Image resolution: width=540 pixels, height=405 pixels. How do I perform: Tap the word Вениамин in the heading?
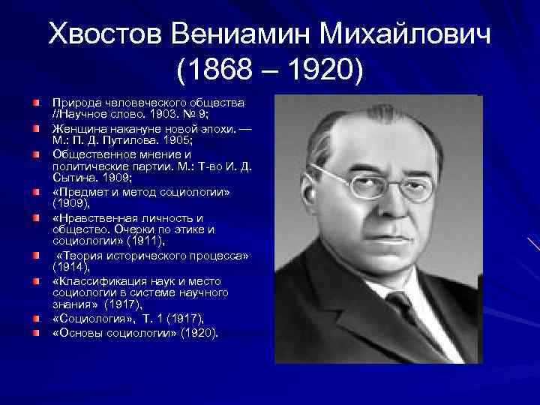(239, 34)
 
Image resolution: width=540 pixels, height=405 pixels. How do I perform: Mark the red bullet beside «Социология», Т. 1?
(36, 319)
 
